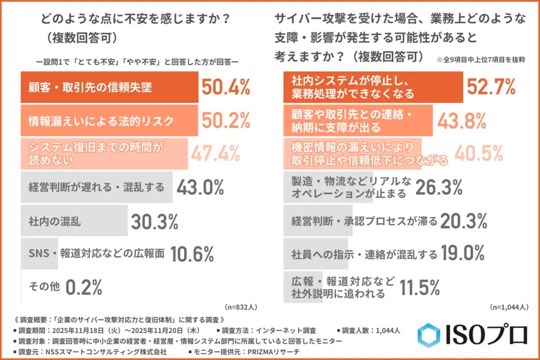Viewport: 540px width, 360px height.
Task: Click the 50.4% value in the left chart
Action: (x=225, y=87)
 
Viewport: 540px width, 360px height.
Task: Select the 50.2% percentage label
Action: (x=225, y=121)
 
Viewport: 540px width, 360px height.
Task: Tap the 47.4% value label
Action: (x=215, y=153)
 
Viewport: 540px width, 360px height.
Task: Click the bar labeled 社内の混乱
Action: (x=74, y=221)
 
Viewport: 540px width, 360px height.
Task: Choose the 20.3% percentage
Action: (x=462, y=221)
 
